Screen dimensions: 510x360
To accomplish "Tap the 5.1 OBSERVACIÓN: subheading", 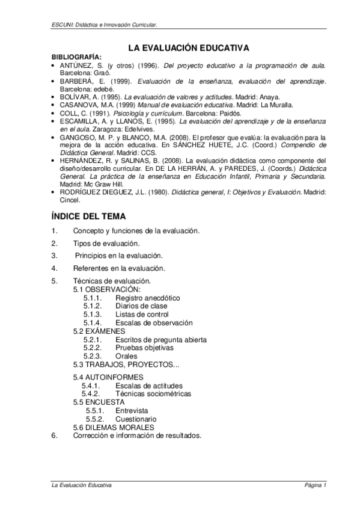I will (x=106, y=289).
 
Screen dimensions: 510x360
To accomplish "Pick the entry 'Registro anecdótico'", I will (x=148, y=298).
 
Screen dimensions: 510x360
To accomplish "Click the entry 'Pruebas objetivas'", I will (x=144, y=347).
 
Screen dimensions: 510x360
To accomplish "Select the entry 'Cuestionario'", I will (x=136, y=419).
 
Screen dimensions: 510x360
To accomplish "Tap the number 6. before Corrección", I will (x=55, y=435).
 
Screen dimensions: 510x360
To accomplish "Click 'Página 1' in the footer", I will (x=315, y=484).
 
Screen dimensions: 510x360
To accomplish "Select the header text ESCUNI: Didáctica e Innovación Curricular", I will (x=105, y=25).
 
